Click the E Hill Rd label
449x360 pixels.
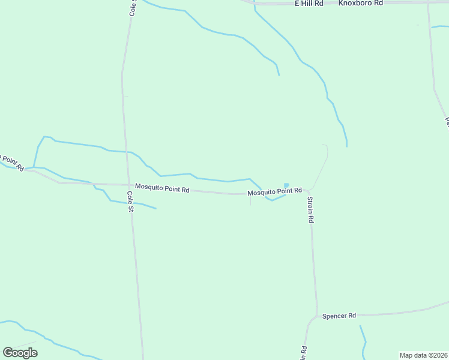coord(309,4)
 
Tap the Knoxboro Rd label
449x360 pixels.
coord(360,4)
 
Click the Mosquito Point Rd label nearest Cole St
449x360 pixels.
coord(162,188)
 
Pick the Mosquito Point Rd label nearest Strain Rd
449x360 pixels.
coord(275,192)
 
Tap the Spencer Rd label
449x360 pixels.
coord(339,316)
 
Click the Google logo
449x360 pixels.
coord(20,353)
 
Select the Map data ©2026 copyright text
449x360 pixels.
coord(423,355)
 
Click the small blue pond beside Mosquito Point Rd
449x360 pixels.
coord(286,185)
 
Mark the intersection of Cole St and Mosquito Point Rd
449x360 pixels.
coord(128,185)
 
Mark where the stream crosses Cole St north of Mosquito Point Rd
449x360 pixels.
coord(125,152)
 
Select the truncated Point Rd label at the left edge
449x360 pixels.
coord(11,161)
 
